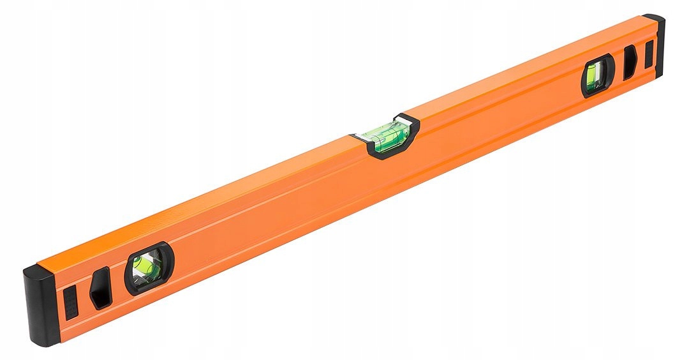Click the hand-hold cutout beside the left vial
point(101,288)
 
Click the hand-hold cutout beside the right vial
point(629,63)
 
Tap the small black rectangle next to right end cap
point(648,55)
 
